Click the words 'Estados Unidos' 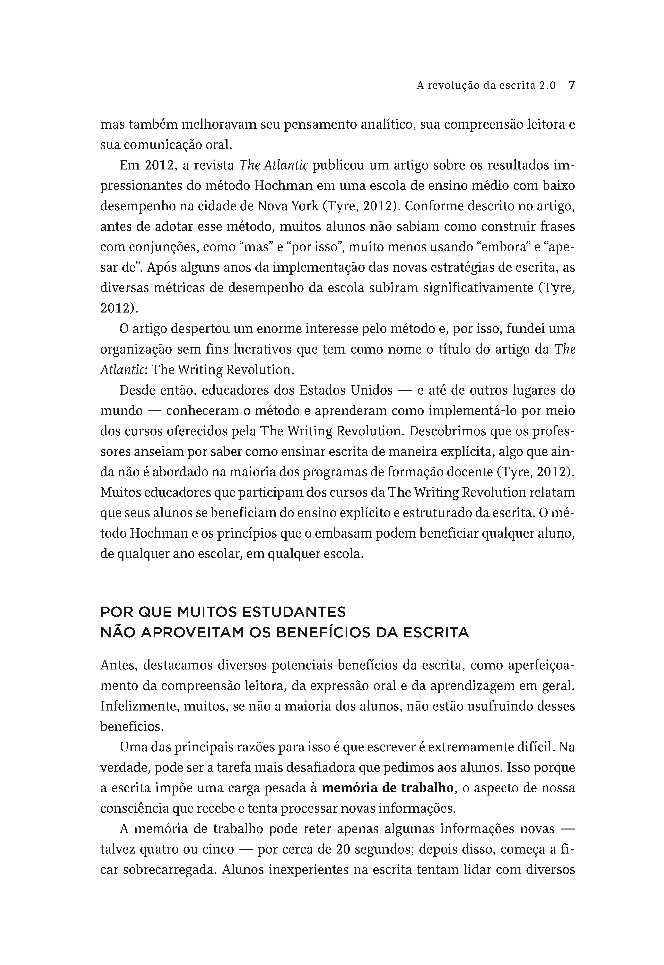[346, 390]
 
